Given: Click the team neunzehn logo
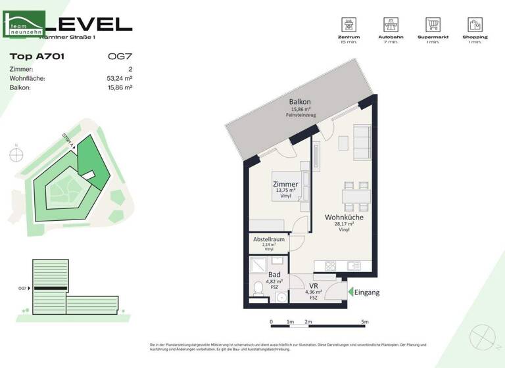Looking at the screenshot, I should pyautogui.click(x=25, y=25).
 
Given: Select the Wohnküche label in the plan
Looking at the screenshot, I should pyautogui.click(x=344, y=218).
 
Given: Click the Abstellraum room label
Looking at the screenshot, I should pyautogui.click(x=269, y=240).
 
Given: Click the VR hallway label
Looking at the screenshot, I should pyautogui.click(x=314, y=286).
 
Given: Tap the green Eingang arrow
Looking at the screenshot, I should pyautogui.click(x=350, y=292).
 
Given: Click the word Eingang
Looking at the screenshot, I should pyautogui.click(x=368, y=292).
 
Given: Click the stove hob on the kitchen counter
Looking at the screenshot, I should pyautogui.click(x=331, y=266).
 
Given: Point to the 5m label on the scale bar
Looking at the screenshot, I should pyautogui.click(x=365, y=322).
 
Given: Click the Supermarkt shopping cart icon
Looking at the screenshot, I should pyautogui.click(x=433, y=25).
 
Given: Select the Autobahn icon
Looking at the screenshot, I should pyautogui.click(x=392, y=25).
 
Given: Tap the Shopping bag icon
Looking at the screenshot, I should pyautogui.click(x=475, y=25).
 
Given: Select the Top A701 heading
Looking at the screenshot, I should pyautogui.click(x=37, y=57).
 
